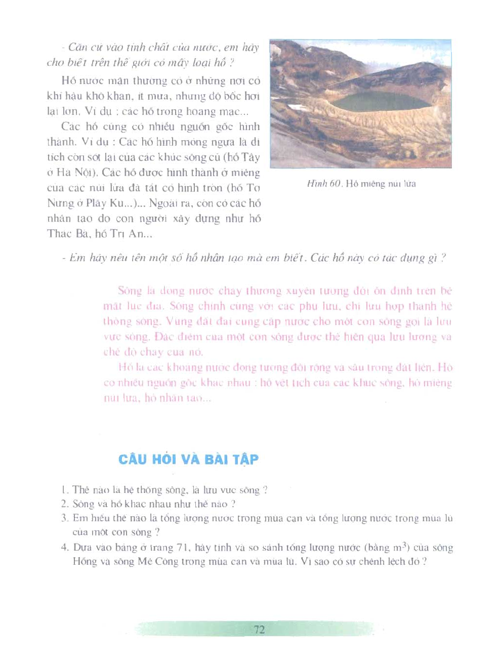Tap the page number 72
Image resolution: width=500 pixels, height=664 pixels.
click(259, 630)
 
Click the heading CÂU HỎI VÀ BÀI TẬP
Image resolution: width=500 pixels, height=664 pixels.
click(188, 459)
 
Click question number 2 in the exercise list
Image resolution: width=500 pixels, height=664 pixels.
click(64, 504)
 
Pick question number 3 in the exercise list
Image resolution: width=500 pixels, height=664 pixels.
click(64, 518)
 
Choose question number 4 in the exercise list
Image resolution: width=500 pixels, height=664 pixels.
click(64, 548)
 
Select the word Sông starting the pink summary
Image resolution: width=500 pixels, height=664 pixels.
click(130, 291)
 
